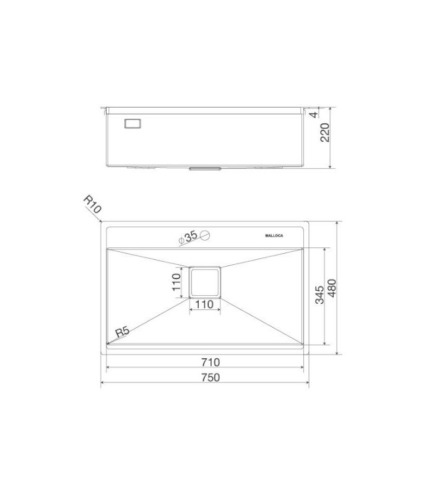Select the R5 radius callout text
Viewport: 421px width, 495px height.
tap(121, 331)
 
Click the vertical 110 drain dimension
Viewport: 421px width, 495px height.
tap(176, 282)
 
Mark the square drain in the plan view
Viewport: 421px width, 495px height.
tap(205, 282)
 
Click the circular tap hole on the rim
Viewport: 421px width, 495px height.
tap(206, 235)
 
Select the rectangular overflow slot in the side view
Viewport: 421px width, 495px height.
tap(133, 124)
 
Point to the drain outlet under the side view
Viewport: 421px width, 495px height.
tap(204, 168)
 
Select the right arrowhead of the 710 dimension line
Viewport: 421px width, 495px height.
tap(302, 368)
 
